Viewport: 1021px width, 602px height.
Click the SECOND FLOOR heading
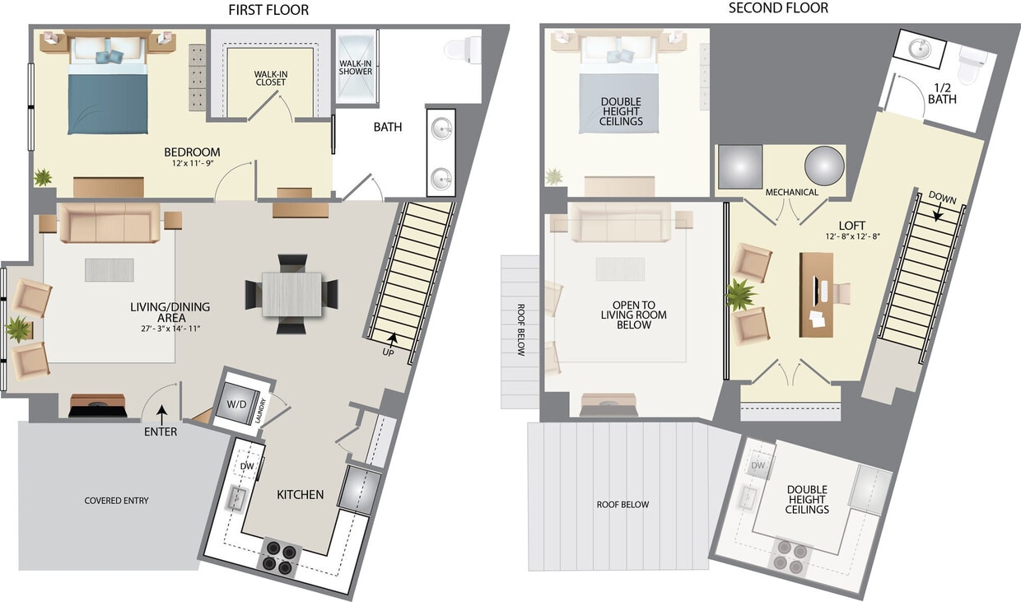pyautogui.click(x=778, y=8)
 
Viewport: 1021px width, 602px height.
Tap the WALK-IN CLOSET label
pyautogui.click(x=269, y=77)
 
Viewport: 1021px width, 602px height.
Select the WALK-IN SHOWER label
pyautogui.click(x=356, y=67)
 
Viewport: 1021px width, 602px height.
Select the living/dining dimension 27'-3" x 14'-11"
pyautogui.click(x=170, y=329)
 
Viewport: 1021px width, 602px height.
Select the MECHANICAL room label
pyautogui.click(x=791, y=193)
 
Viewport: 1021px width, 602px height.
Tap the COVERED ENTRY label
pyautogui.click(x=117, y=501)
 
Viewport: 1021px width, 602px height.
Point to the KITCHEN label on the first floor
pyautogui.click(x=300, y=495)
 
